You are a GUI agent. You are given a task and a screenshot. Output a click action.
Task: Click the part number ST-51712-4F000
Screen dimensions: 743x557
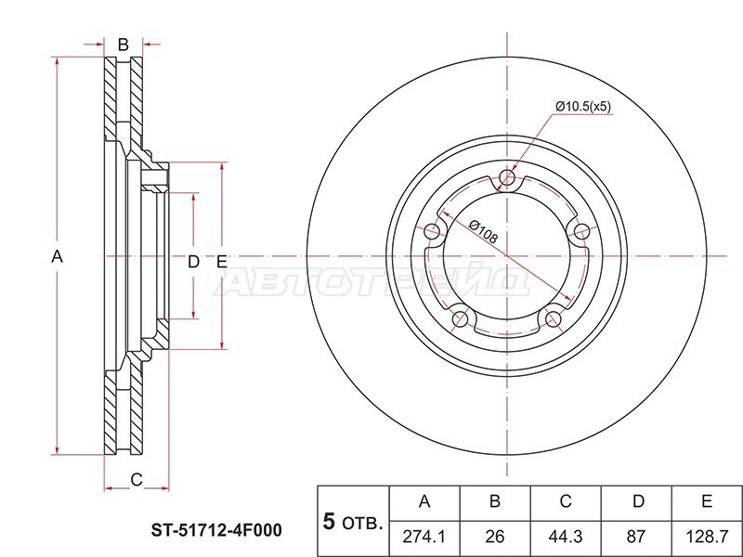tap(216, 530)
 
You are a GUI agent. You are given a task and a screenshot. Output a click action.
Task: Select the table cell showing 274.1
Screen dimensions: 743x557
tap(424, 537)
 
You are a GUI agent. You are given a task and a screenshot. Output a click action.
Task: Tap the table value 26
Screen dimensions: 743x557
tap(495, 537)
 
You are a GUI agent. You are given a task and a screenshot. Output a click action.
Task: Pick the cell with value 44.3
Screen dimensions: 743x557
tap(566, 537)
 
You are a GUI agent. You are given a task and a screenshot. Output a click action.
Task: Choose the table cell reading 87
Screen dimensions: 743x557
tap(636, 537)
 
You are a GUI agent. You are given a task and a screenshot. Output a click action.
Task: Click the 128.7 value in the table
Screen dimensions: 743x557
tap(707, 537)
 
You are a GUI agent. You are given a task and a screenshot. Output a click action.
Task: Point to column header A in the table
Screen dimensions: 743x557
tap(424, 501)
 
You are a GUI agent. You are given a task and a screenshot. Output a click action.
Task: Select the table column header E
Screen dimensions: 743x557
tap(707, 501)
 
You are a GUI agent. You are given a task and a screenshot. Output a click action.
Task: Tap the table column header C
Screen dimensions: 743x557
tap(566, 501)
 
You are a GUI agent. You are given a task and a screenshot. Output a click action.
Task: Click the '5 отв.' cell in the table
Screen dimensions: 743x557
tap(353, 522)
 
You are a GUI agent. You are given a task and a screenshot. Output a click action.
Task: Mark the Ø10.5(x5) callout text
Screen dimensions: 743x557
tap(583, 107)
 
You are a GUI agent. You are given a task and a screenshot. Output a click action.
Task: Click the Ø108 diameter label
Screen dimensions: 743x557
tap(484, 231)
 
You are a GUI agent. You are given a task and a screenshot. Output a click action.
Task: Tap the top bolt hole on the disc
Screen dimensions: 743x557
tap(507, 178)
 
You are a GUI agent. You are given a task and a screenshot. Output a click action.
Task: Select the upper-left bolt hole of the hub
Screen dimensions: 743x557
tap(432, 232)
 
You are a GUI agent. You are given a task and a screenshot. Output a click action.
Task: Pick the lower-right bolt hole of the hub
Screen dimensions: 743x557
tap(553, 319)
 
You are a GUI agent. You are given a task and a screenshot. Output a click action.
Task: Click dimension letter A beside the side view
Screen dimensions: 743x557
tap(57, 257)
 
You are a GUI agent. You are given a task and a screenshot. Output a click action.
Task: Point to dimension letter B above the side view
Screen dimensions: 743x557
tap(124, 45)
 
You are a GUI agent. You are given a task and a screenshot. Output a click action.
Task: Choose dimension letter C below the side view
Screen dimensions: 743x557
tap(137, 480)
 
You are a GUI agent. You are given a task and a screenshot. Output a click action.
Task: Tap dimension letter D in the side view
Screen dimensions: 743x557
tap(193, 262)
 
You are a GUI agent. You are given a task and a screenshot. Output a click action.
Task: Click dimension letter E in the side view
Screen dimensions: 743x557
tap(222, 262)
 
